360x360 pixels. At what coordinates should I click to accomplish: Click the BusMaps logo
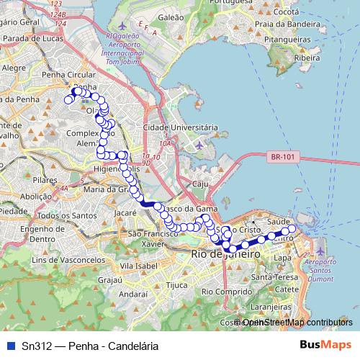coord(325,345)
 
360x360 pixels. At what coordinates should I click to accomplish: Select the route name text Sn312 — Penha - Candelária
coord(90,346)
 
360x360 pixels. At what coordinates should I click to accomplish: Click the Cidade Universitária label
coord(180,127)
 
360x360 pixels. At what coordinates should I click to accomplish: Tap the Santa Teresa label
coord(269,276)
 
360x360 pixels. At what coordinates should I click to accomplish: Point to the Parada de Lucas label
coord(33,37)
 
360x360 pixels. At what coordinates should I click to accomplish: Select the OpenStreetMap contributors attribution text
coord(297,322)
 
